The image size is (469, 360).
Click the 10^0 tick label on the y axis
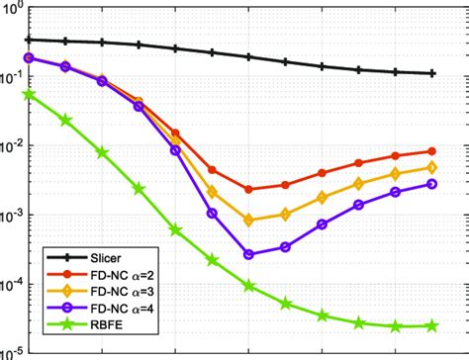click(12, 8)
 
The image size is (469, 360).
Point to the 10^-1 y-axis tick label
click(12, 77)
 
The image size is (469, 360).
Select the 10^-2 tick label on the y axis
click(12, 146)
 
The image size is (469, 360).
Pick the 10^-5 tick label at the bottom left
click(12, 351)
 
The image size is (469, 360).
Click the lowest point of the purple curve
click(248, 254)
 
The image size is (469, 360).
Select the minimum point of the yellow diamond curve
click(248, 220)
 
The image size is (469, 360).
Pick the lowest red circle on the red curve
click(248, 189)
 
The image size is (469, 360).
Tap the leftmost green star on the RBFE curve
click(29, 95)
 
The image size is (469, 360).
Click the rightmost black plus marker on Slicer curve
click(431, 73)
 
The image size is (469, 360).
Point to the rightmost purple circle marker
click(431, 184)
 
